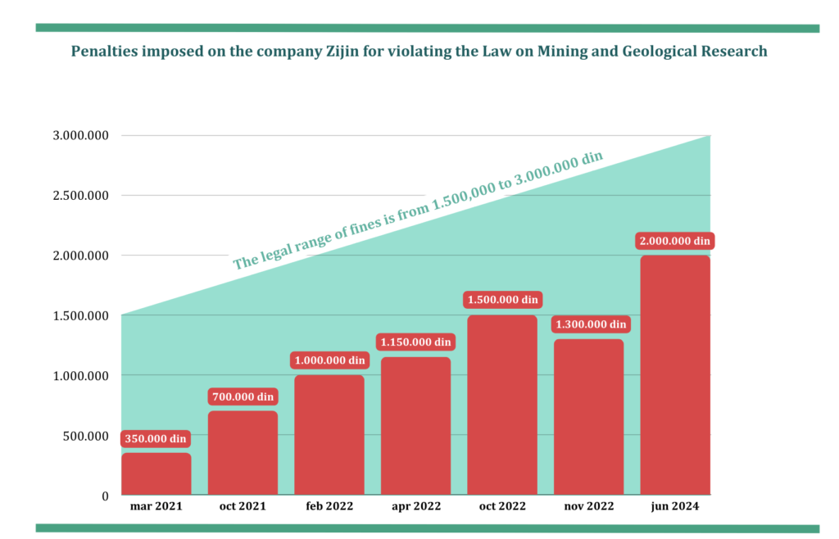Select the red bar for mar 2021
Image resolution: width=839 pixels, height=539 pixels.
(156, 474)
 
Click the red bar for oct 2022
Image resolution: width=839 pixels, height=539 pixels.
(502, 405)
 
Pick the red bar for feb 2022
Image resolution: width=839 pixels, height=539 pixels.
(329, 435)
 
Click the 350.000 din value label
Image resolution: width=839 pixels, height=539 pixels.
(156, 439)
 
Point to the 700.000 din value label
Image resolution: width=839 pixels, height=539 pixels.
(243, 396)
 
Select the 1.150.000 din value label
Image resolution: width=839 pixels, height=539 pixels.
(415, 342)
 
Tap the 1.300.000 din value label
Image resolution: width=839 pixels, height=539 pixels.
(589, 324)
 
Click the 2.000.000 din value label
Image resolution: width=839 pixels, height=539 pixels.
(675, 241)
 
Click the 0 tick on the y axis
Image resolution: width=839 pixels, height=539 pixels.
(105, 496)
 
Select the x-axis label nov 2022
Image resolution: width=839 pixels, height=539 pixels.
(588, 507)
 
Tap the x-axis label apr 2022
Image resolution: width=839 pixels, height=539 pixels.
(415, 507)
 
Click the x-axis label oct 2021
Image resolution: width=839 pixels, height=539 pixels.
(243, 507)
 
